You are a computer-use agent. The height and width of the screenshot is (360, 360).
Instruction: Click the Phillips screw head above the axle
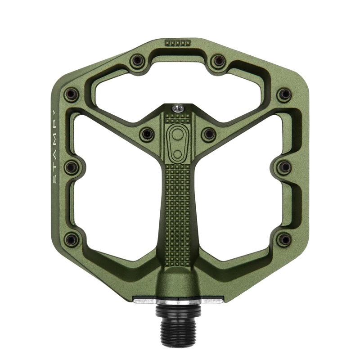(x=178, y=108)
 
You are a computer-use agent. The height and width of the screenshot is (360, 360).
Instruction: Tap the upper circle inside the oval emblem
(x=177, y=134)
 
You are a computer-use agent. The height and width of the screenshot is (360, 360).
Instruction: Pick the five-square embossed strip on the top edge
(x=178, y=43)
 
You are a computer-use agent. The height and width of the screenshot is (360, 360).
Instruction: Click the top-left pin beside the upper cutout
(x=137, y=61)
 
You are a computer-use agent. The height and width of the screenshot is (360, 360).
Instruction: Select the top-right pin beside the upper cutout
(x=218, y=61)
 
